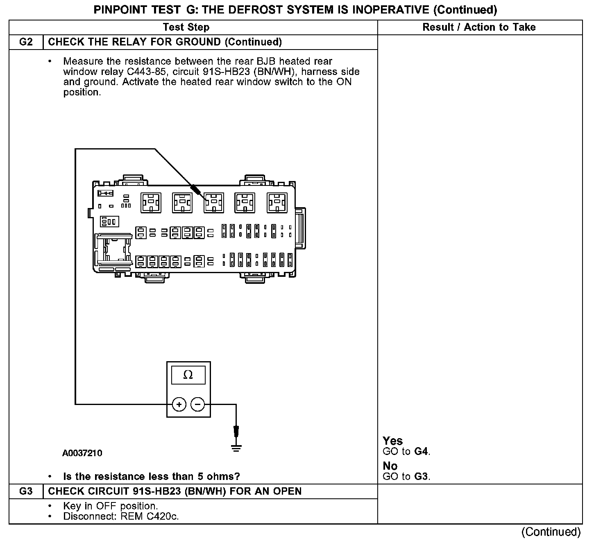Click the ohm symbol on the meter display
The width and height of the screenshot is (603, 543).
click(188, 375)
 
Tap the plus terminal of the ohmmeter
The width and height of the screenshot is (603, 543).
click(179, 405)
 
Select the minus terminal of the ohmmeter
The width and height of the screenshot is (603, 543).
click(198, 405)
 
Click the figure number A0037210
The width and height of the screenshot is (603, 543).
click(82, 453)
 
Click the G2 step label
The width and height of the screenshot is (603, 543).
click(26, 42)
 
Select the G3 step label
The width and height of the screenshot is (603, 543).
click(26, 491)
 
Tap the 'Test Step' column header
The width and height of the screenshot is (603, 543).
click(186, 27)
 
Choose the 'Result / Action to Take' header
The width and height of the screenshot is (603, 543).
click(479, 27)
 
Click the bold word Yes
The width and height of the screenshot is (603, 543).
click(392, 441)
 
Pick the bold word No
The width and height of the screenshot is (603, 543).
click(390, 466)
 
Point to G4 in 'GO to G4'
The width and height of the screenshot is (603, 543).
click(422, 452)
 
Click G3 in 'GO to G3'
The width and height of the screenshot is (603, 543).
click(422, 477)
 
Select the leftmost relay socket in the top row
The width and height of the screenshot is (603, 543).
click(151, 202)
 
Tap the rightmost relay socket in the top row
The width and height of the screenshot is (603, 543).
click(277, 202)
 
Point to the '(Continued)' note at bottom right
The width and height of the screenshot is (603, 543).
click(551, 532)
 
